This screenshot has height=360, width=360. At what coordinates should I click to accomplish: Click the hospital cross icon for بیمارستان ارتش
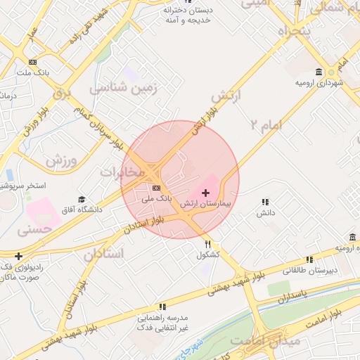(205, 192)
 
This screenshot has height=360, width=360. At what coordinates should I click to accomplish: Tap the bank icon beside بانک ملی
(155, 188)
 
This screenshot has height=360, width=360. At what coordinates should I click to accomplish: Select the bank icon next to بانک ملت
(32, 62)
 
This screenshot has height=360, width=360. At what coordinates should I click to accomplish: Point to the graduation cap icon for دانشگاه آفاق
(82, 200)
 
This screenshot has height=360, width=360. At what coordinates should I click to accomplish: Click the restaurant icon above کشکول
(207, 244)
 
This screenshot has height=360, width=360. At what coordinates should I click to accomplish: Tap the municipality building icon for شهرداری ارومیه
(319, 72)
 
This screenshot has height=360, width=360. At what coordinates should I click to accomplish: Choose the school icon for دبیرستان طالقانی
(310, 259)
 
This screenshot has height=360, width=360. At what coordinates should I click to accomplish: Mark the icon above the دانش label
(265, 202)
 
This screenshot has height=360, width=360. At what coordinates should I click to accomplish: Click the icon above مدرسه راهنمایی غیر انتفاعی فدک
(162, 307)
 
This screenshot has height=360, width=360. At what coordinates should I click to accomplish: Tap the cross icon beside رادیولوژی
(18, 256)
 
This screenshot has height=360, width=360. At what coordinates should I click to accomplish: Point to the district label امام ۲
(265, 124)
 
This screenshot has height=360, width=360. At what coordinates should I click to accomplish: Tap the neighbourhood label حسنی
(34, 229)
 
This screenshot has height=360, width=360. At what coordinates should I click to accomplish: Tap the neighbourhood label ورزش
(60, 160)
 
